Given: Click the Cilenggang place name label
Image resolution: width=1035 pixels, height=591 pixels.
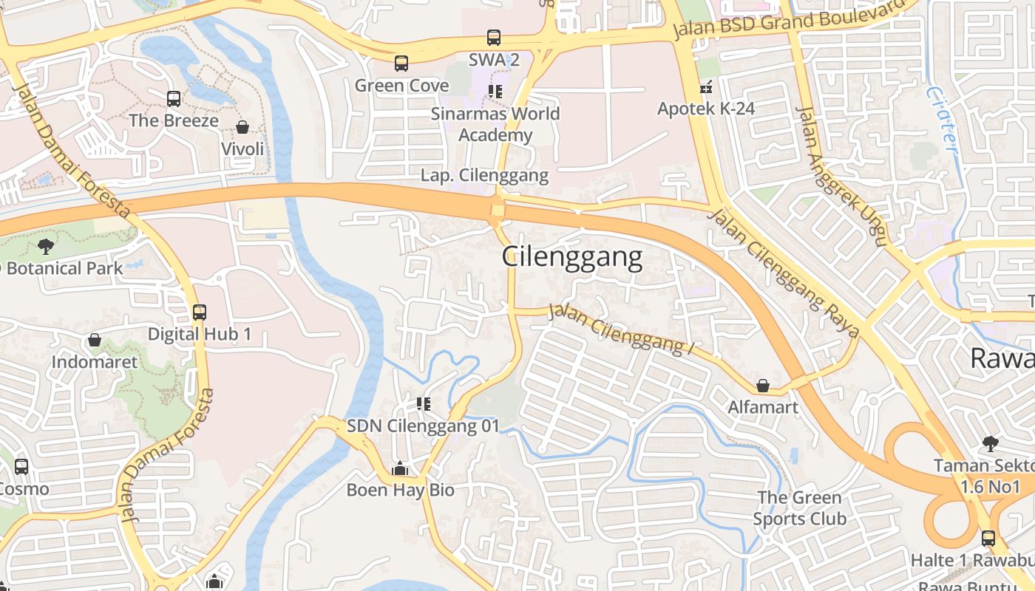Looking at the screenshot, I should pos(572,257).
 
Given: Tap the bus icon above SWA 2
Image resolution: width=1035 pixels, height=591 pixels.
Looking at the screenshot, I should pos(494,38).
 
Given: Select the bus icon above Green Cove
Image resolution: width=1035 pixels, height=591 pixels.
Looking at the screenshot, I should pos(401,64).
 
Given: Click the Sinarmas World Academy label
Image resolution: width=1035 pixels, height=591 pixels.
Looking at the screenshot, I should pos(495,124).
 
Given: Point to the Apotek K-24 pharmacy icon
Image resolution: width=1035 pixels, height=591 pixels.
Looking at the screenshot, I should pos(706,87).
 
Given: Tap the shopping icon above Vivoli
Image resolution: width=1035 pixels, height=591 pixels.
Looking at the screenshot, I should pos(242,127).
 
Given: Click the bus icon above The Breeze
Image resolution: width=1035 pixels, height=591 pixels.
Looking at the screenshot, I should pos(174,98).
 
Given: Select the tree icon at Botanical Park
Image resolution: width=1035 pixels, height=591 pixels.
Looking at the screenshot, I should pos(46,246).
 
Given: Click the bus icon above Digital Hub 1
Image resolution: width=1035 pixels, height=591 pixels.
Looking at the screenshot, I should pos(200,312).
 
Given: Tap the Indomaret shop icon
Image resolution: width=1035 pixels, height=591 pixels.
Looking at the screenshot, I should pos(95,340).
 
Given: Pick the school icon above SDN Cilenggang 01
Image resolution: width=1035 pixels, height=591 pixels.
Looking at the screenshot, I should pos(424,403).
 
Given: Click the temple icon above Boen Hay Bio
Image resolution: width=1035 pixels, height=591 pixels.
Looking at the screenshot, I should pos(400,468).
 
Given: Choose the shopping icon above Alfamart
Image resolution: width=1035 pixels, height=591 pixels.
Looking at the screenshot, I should pos(763,386).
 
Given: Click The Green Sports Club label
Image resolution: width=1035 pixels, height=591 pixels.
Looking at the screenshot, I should pos(799,508).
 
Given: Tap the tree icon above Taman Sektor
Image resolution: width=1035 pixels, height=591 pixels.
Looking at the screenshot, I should pos(990,443).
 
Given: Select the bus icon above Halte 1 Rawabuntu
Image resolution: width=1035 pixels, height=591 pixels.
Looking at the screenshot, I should pos(988,538).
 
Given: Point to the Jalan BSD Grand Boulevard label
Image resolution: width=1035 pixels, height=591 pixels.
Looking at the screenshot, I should pos(789,21).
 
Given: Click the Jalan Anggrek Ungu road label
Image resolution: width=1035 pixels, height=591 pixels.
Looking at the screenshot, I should pos(839,174).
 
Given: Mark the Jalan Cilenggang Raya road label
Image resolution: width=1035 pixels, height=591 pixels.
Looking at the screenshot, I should pos(784,271).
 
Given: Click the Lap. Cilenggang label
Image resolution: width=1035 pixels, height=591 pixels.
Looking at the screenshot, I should pos(484,176).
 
